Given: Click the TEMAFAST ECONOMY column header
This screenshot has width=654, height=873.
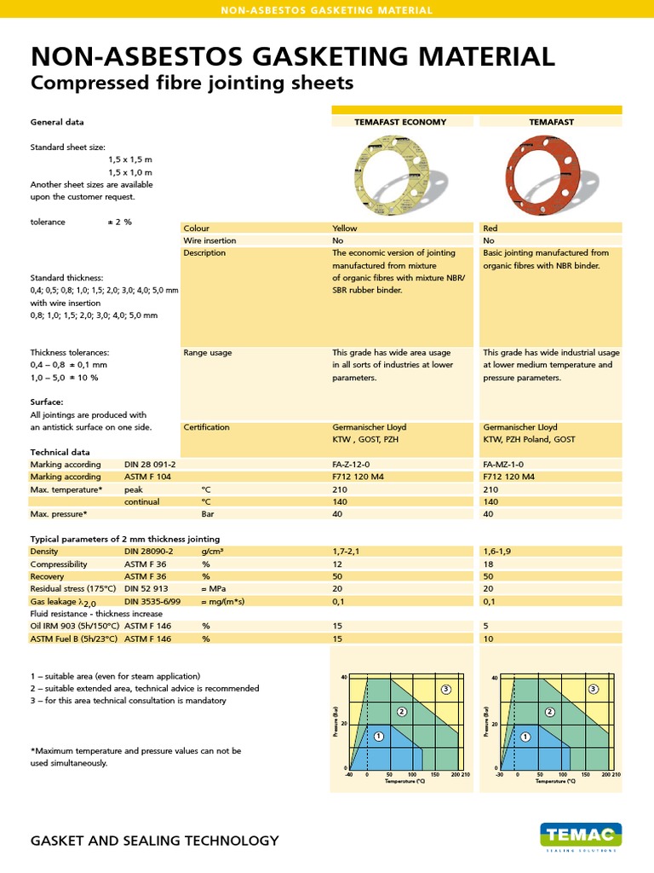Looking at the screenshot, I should tap(400, 122).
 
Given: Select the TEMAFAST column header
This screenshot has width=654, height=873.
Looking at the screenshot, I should tap(551, 122).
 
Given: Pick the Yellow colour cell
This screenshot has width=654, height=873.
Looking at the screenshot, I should tap(345, 228).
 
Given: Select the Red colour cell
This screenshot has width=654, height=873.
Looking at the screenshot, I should tap(490, 228).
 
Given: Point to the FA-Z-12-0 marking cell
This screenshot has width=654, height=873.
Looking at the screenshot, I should tap(352, 465).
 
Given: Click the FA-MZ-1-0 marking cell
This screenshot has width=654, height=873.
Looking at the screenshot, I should tap(504, 465).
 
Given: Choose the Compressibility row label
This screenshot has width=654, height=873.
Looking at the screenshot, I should tap(59, 564).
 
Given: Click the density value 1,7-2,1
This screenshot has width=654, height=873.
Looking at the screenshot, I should tap(347, 552).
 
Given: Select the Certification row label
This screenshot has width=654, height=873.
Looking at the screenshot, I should tap(206, 427).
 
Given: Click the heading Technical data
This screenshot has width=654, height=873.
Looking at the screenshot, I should tap(60, 452).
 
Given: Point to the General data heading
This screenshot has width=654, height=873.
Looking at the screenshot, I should tap(57, 122).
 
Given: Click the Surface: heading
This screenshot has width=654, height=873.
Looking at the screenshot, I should tap(47, 402).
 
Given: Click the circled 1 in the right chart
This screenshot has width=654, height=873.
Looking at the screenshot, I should tap(525, 736).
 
